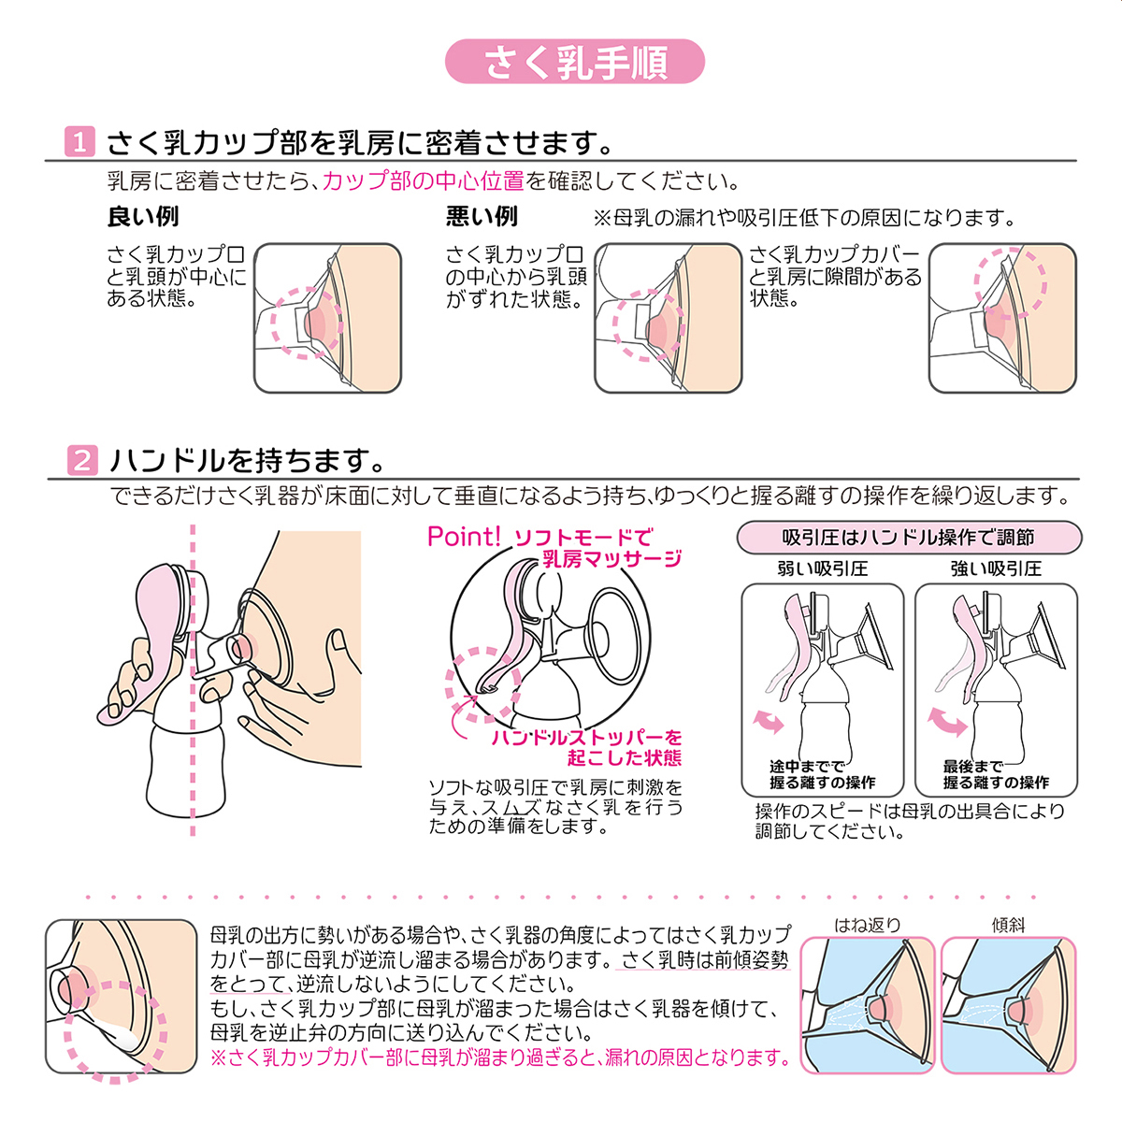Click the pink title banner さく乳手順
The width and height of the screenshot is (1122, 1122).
[x=575, y=61]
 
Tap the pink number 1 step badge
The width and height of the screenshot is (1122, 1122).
[x=79, y=141]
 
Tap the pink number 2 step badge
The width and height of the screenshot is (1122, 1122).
[x=82, y=460]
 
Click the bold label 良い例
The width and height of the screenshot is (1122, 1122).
[x=143, y=217]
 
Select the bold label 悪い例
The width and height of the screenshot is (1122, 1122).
[x=482, y=217]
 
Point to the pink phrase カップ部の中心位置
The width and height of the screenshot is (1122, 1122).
[x=424, y=181]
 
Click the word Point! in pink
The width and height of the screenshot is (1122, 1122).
[x=464, y=537]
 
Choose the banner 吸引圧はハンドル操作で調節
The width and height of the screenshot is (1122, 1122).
[x=909, y=537]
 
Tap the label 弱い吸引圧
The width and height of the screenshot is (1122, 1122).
[x=823, y=568]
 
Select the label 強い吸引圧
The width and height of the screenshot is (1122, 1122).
[x=996, y=568]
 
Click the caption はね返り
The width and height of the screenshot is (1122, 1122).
[x=868, y=925]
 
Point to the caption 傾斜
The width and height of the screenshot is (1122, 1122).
[x=1009, y=925]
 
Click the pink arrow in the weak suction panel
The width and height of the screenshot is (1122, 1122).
[x=769, y=722]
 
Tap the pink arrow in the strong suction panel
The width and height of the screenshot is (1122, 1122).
[x=947, y=722]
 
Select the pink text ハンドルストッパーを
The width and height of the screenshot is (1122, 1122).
[x=586, y=737]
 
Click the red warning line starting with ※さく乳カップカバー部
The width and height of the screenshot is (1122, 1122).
[x=500, y=1057]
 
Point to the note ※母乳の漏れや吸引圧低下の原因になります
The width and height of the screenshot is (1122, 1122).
[x=804, y=218]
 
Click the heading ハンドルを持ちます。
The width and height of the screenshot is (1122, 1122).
[x=248, y=461]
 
